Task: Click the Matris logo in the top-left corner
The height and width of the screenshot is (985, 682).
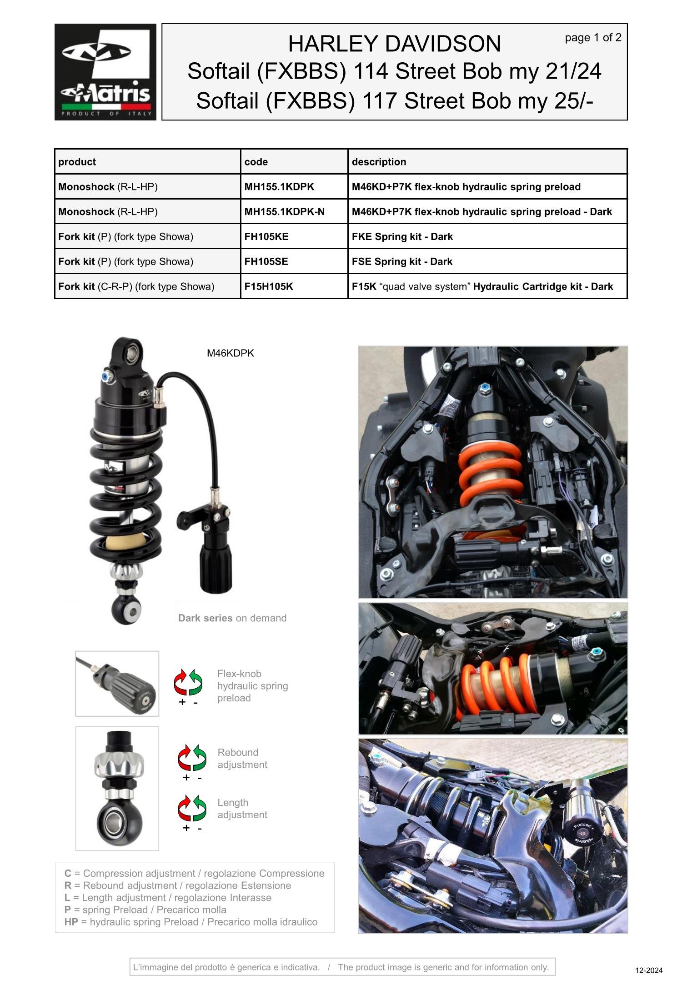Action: click(105, 72)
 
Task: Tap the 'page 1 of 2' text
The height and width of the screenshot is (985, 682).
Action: click(593, 38)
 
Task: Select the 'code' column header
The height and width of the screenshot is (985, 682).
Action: click(256, 162)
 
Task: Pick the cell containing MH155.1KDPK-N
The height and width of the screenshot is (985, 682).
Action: click(284, 212)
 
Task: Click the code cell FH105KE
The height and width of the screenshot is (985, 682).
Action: click(266, 237)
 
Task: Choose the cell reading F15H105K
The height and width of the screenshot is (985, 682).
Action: click(269, 287)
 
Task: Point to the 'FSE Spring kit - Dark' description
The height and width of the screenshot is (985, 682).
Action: click(402, 262)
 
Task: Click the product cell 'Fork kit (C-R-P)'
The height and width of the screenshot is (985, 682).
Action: click(136, 287)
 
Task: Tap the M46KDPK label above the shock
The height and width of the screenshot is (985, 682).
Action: click(230, 353)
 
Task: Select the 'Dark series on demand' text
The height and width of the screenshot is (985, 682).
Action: click(232, 618)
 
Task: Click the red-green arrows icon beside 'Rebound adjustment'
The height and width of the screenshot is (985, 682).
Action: click(192, 758)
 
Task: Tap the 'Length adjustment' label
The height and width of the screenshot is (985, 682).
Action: click(242, 809)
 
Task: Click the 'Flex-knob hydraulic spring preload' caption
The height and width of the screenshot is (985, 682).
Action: click(252, 686)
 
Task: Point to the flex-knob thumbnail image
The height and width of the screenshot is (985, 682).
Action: click(117, 684)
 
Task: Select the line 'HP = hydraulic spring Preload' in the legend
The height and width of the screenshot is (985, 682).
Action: click(191, 922)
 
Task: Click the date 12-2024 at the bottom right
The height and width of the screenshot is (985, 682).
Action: click(649, 970)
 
